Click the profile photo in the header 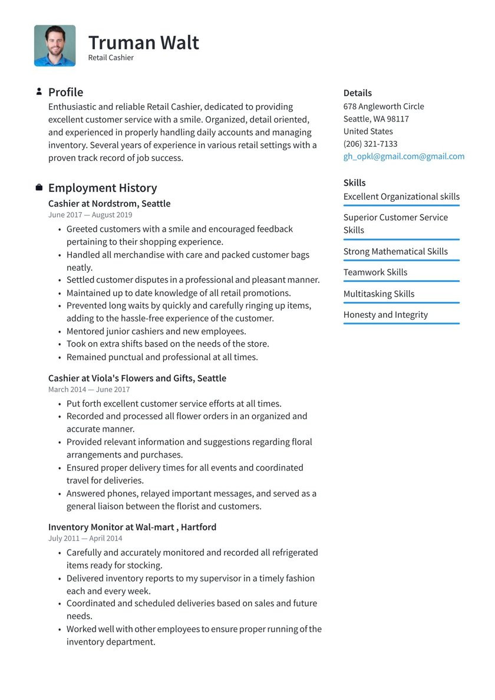pos(55,45)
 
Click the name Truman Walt pos(143,42)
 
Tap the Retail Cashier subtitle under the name pos(111,58)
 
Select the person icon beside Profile pos(39,91)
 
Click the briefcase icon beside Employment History pos(39,188)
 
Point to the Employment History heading pos(103,188)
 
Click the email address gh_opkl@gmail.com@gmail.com pos(404,156)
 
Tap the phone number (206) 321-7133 pos(370,144)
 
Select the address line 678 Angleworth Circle pos(384,106)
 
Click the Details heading pos(358,93)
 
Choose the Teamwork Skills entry pos(375,272)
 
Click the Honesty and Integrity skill pos(385,314)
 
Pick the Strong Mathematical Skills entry pos(395,251)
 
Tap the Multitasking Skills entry pos(379,294)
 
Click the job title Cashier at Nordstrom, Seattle pos(109,203)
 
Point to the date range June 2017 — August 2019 pos(90,215)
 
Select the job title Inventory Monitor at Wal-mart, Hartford pos(132,527)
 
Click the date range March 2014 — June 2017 pos(89,389)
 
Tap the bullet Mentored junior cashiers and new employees pos(156,331)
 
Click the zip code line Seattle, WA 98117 pos(376,119)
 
